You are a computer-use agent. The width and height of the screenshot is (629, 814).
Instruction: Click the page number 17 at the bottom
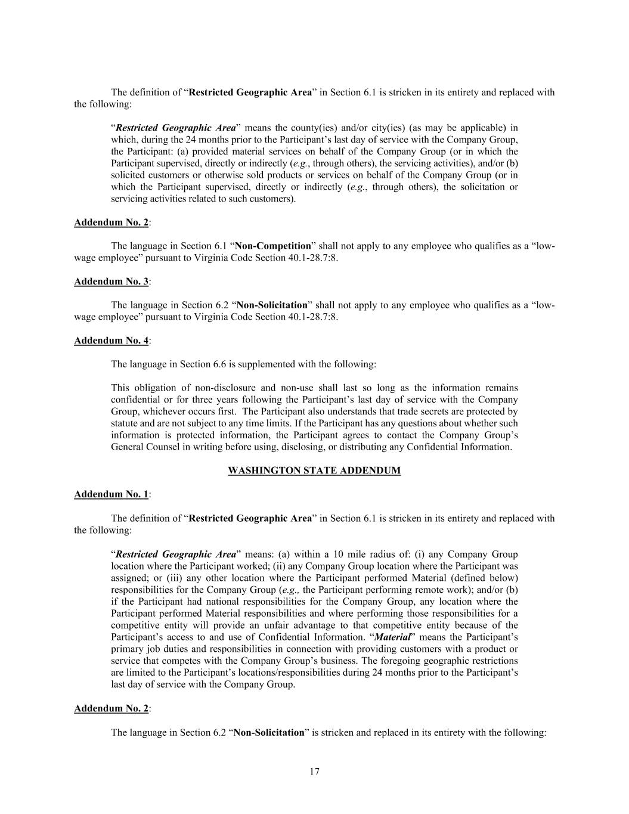tap(314, 772)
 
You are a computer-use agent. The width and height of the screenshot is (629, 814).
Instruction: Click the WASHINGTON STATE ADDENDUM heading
tap(314, 471)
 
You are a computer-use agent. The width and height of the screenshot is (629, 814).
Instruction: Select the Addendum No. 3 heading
tap(111, 281)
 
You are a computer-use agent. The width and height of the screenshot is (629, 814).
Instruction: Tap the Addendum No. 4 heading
tap(111, 341)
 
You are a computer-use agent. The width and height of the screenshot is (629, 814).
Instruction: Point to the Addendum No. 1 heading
tap(111, 494)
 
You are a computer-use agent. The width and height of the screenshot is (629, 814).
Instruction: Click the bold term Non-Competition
tap(274, 246)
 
